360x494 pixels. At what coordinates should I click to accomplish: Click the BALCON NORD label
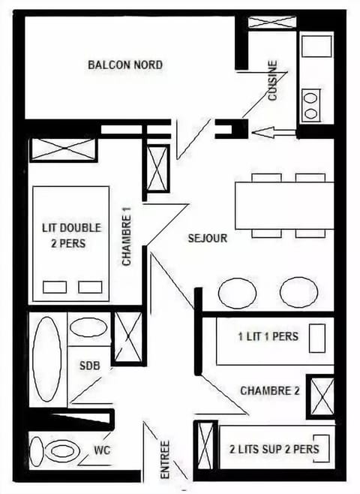pyautogui.click(x=125, y=65)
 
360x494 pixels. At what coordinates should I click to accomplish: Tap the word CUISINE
pyautogui.click(x=273, y=80)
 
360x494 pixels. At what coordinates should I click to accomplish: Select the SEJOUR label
pyautogui.click(x=208, y=238)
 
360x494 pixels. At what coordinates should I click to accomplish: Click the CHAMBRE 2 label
pyautogui.click(x=270, y=390)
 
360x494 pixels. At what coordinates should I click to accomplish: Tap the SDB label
pyautogui.click(x=89, y=366)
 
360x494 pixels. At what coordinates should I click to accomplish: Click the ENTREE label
pyautogui.click(x=165, y=459)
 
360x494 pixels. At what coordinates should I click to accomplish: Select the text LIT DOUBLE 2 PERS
pyautogui.click(x=71, y=234)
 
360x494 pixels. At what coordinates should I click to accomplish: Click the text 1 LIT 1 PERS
pyautogui.click(x=268, y=336)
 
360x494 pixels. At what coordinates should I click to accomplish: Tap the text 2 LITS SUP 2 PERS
pyautogui.click(x=274, y=449)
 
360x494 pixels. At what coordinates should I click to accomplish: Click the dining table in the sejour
pyautogui.click(x=284, y=205)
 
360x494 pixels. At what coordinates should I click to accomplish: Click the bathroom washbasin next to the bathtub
pyautogui.click(x=89, y=328)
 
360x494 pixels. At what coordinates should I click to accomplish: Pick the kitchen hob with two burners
pyautogui.click(x=310, y=104)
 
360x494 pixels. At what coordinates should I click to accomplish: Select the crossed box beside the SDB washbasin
pyautogui.click(x=127, y=336)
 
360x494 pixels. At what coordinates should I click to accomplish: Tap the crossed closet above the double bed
pyautogui.click(x=63, y=149)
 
